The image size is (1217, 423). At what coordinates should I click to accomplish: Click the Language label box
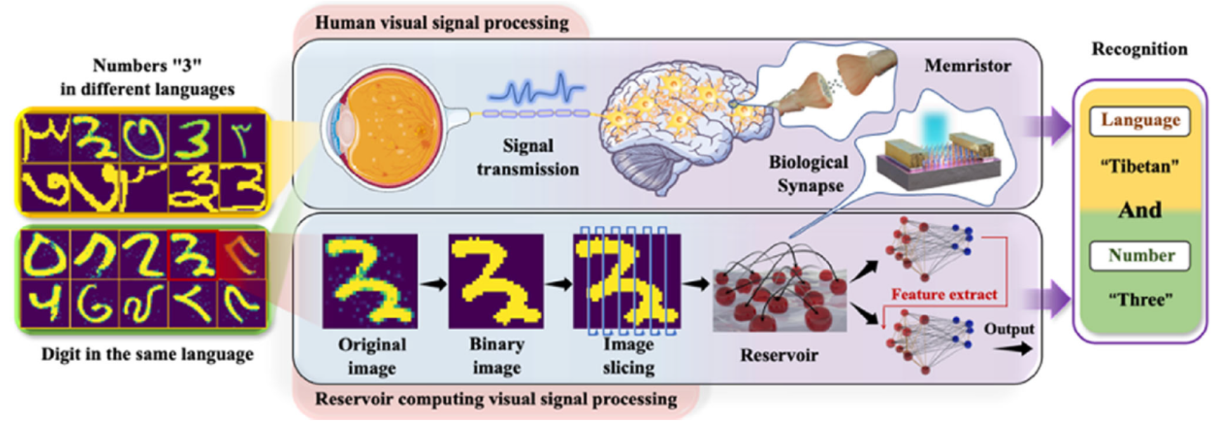pos(1140,120)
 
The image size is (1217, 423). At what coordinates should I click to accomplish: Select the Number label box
pos(1140,255)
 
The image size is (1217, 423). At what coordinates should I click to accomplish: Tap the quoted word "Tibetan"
pos(1139,167)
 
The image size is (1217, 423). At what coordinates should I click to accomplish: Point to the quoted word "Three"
pos(1140,300)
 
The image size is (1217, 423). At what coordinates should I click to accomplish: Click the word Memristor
pos(967,66)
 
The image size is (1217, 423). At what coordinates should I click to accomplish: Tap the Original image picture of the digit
pos(370,281)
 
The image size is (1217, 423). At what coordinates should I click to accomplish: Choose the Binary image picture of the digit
pos(496,281)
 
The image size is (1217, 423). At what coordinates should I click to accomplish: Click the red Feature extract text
pos(944,295)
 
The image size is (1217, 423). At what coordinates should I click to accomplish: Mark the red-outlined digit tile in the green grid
pos(193,254)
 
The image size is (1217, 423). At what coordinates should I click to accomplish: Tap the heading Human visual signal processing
pos(442,23)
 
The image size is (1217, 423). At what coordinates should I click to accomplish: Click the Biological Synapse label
pos(808,174)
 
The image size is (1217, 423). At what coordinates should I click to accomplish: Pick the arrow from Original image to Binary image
pos(432,284)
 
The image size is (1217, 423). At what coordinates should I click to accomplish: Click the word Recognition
pos(1139,49)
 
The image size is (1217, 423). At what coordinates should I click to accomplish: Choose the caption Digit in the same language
pos(147,354)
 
